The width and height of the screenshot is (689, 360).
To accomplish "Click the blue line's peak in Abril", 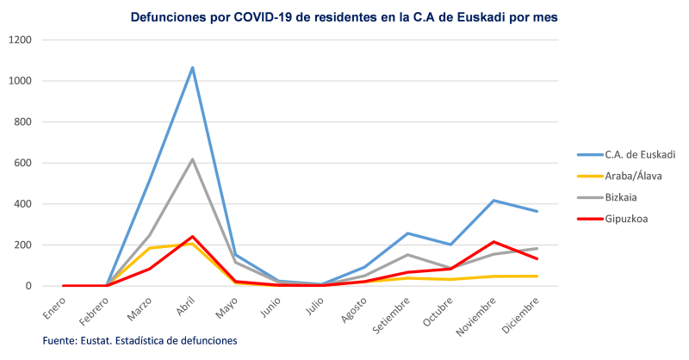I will click(x=192, y=67).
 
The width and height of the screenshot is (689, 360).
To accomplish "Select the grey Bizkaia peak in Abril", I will click(x=192, y=159).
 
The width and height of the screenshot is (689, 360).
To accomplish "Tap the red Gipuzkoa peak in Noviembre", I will click(x=493, y=242).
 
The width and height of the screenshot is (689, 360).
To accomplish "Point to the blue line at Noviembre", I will click(x=493, y=201).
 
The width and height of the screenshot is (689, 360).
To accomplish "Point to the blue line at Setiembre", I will click(x=407, y=233).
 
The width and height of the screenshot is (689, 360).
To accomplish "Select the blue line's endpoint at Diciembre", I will click(x=537, y=211).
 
